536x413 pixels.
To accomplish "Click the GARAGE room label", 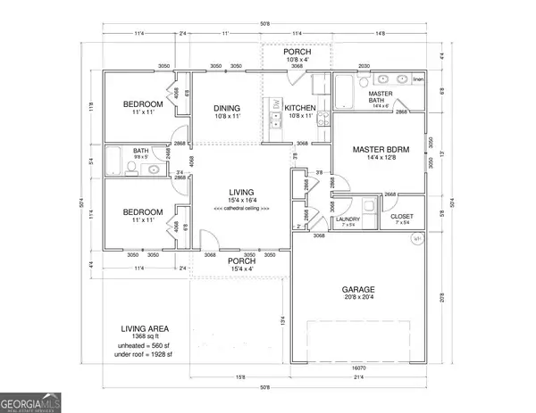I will [357, 290].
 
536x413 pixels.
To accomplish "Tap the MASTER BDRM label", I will [381, 150].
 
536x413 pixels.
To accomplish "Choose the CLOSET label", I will [402, 217].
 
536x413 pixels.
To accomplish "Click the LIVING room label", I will [242, 193].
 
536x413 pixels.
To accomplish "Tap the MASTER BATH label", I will [382, 95].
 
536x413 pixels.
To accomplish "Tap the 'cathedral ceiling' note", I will [242, 207].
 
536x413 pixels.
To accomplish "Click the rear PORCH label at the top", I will [297, 53].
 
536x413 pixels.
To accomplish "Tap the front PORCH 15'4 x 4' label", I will [242, 262].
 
